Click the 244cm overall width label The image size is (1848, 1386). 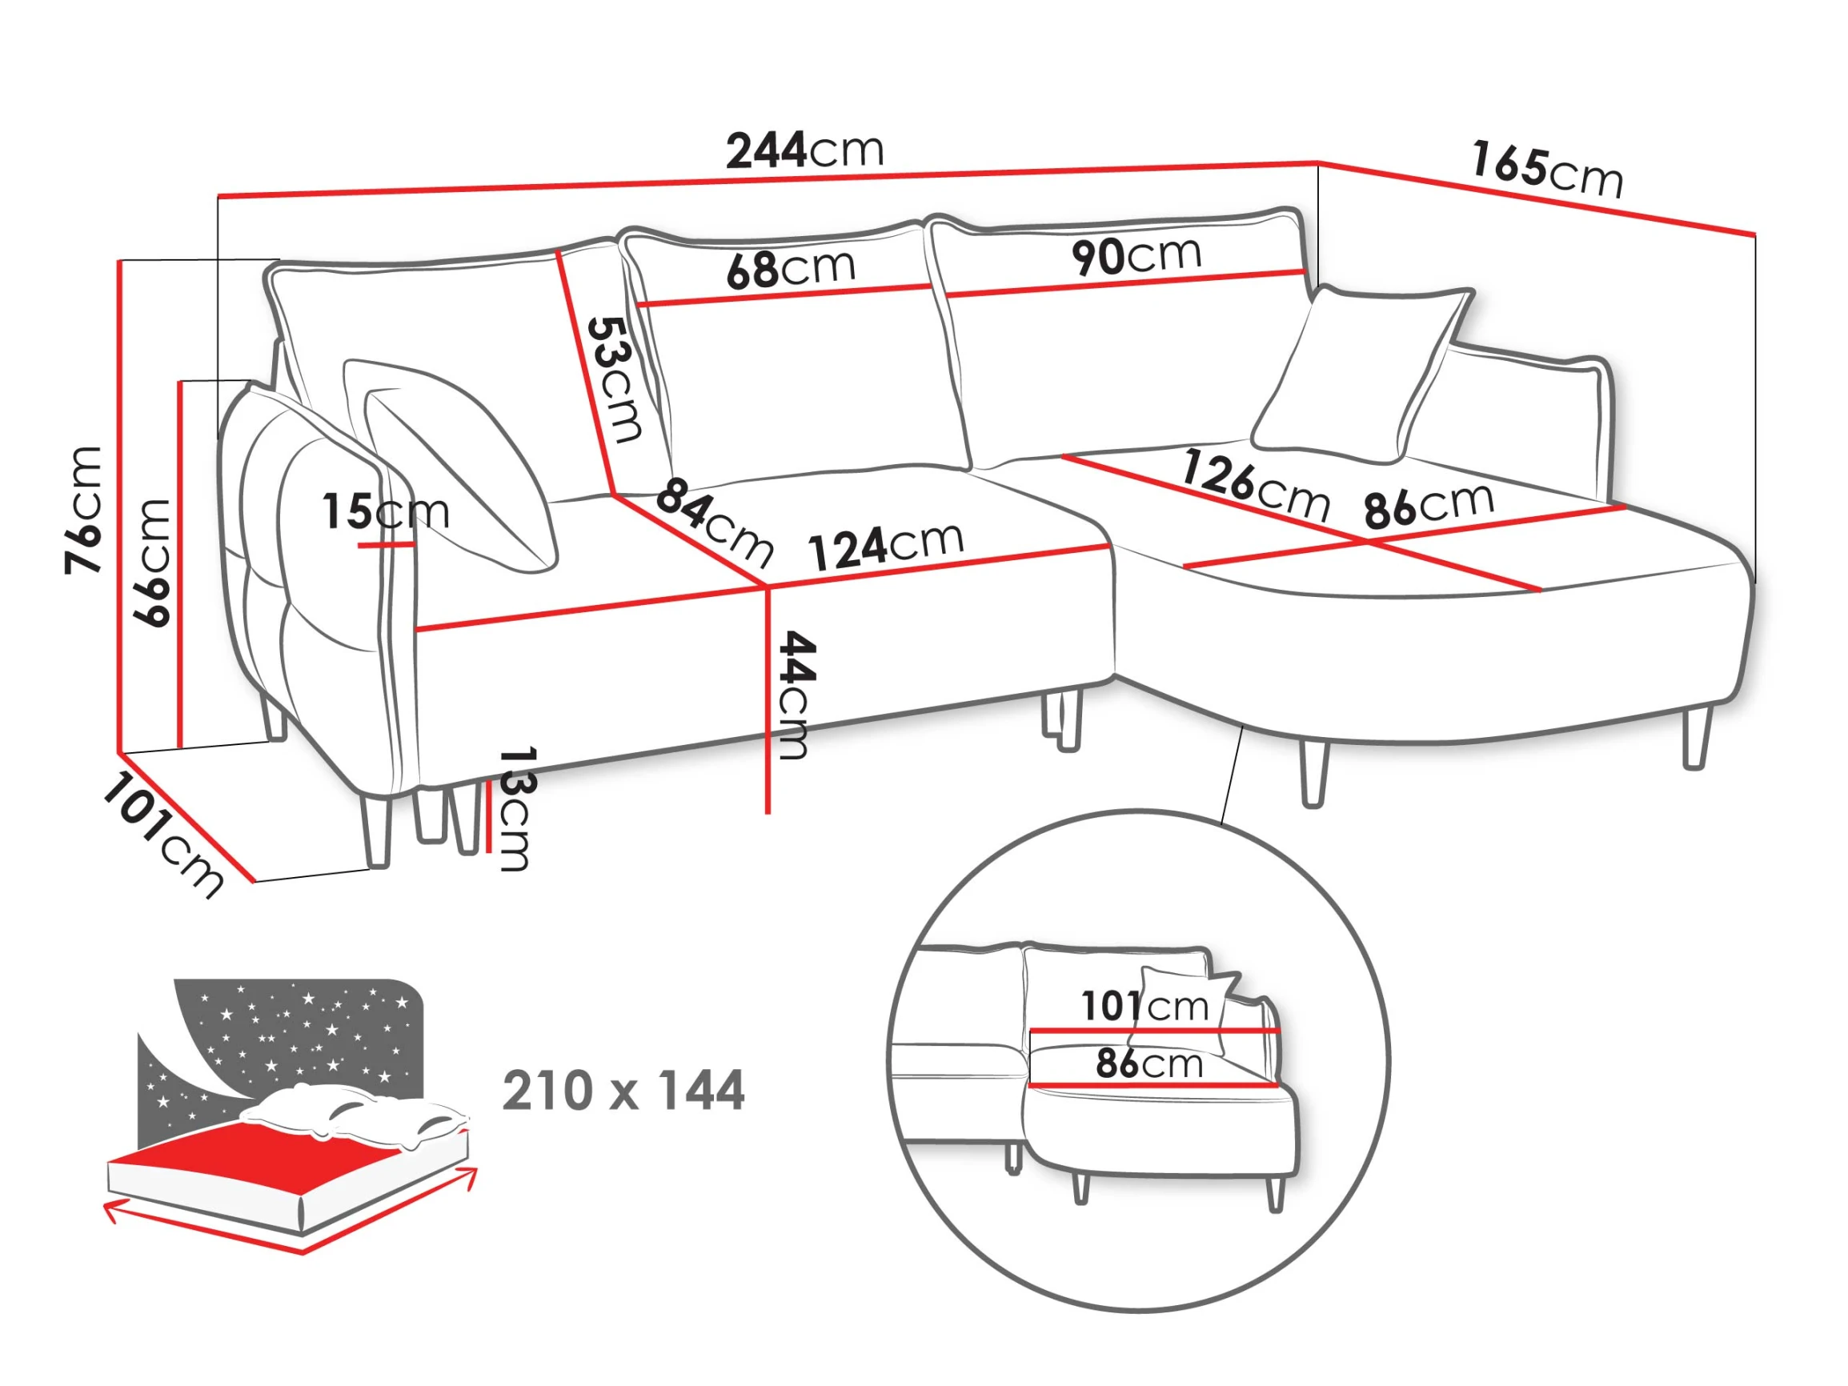coord(804,150)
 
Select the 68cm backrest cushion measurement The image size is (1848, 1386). coord(792,268)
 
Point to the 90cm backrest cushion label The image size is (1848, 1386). coord(1136,255)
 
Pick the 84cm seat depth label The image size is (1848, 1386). coord(714,521)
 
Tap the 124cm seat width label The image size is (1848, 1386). coord(885,547)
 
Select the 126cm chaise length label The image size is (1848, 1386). coord(1256,485)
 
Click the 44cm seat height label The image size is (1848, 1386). coord(795,695)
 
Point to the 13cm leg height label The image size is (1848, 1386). coord(515,809)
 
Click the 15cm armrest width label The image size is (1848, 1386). coord(386,511)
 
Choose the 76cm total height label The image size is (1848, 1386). coord(83,510)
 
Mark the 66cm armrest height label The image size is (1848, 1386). coord(153,563)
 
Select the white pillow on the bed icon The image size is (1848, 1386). coord(355,1116)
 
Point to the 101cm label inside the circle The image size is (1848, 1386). coord(1145,1006)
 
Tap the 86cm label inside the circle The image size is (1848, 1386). coord(1149,1064)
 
